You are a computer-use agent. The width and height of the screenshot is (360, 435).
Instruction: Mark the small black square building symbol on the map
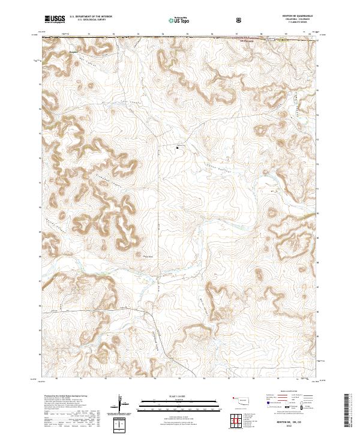click(x=177, y=147)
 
